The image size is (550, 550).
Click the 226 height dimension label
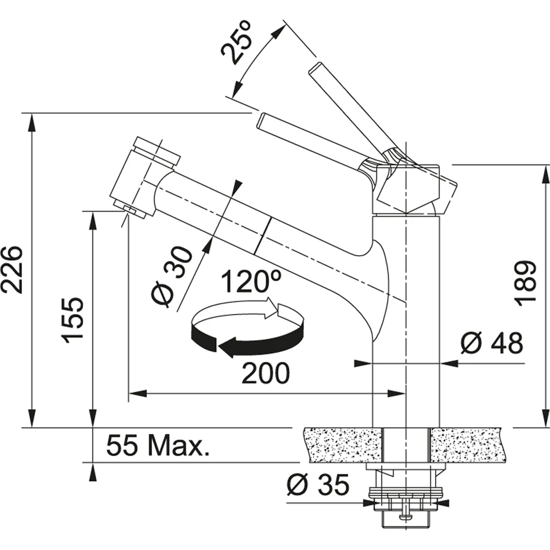pyautogui.click(x=12, y=269)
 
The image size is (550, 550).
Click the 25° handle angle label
pyautogui.click(x=237, y=42)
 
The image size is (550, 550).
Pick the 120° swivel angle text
pyautogui.click(x=251, y=281)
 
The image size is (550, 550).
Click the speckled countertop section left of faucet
pyautogui.click(x=343, y=445)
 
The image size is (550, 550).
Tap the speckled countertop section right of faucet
pyautogui.click(x=469, y=445)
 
